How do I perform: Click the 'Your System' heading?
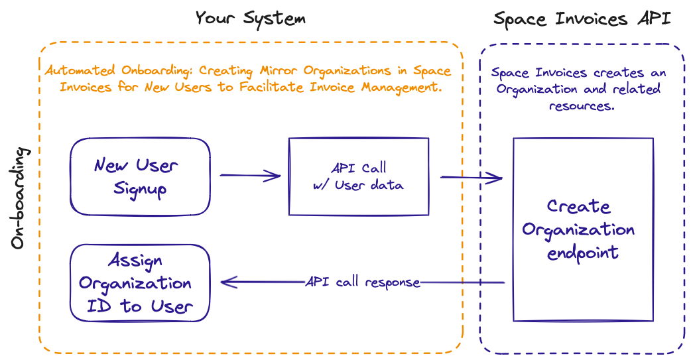click(250, 18)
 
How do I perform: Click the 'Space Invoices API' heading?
click(582, 18)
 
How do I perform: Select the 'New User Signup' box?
click(140, 176)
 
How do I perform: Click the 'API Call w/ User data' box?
click(358, 176)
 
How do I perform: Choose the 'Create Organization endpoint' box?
click(582, 229)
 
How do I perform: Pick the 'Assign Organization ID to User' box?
click(140, 283)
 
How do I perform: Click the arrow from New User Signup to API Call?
click(250, 176)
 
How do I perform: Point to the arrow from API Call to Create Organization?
click(471, 177)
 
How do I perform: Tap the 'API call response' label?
click(363, 282)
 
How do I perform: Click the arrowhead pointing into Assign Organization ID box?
click(225, 282)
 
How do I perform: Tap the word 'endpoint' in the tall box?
click(582, 253)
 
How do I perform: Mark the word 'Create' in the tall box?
click(578, 206)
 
